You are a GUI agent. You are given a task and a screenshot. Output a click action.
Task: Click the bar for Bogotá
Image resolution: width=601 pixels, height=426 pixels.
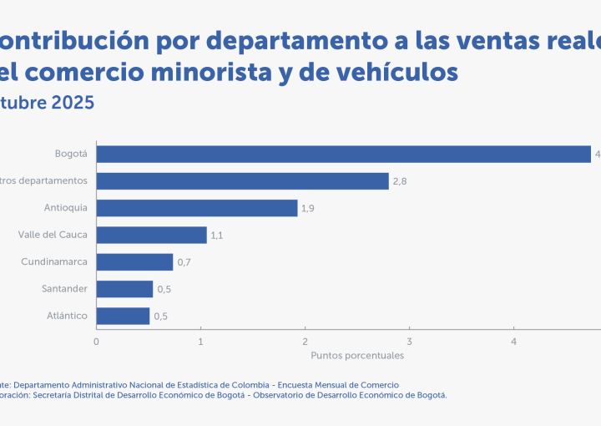(x=343, y=154)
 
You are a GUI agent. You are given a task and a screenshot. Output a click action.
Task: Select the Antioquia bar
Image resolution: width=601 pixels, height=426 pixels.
(x=197, y=208)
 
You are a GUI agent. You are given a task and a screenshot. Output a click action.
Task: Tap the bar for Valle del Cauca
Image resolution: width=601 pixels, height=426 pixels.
(x=151, y=235)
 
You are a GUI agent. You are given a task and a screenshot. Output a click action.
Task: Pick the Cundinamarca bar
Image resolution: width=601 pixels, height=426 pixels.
(x=134, y=262)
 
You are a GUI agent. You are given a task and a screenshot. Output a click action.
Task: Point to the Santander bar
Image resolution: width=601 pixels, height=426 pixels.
(x=124, y=289)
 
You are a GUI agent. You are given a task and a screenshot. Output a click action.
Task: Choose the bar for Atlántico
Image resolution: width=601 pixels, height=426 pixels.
(x=123, y=316)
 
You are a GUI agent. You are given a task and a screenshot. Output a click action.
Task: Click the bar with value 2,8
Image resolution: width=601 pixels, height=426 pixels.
(x=242, y=181)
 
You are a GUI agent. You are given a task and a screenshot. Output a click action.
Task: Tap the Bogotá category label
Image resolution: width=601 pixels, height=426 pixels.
(x=71, y=154)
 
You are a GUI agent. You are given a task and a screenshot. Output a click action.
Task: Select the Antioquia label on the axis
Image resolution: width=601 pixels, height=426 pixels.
(x=66, y=208)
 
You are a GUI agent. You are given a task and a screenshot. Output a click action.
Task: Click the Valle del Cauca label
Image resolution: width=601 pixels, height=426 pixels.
(x=53, y=235)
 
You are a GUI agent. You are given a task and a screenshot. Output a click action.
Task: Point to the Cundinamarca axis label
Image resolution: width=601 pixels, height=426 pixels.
(x=54, y=262)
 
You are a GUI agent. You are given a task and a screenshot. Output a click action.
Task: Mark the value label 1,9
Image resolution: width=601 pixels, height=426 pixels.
(x=308, y=208)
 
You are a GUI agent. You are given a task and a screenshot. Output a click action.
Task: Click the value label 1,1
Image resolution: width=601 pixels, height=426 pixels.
(x=217, y=236)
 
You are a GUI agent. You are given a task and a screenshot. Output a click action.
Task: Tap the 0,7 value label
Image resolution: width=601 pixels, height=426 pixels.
(x=184, y=262)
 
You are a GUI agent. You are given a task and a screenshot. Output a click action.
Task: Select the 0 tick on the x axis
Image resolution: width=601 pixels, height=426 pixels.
(x=97, y=341)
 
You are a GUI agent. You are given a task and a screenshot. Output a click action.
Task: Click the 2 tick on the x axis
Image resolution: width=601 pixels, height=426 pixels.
(x=306, y=341)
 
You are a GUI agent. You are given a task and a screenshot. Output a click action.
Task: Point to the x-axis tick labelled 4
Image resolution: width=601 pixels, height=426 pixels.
(x=514, y=341)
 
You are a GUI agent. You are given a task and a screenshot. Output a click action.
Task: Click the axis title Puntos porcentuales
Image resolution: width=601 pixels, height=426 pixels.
(x=357, y=355)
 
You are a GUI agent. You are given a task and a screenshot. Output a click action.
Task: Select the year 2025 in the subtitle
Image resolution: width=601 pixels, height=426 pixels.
(x=72, y=103)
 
